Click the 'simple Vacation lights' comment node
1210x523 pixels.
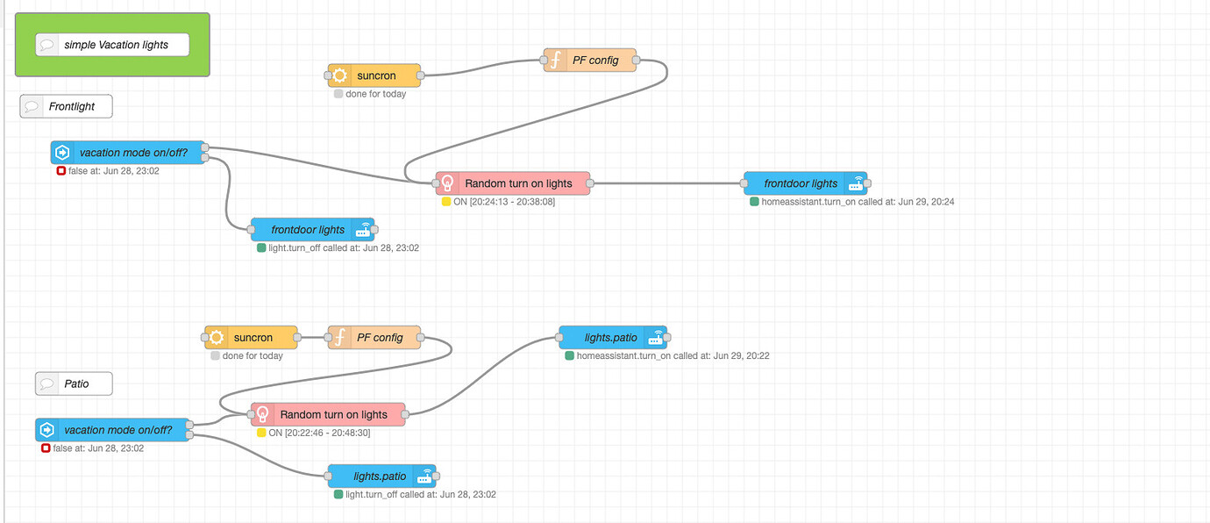[112, 45]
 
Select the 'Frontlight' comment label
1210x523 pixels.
[67, 106]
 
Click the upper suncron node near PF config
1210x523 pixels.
[374, 75]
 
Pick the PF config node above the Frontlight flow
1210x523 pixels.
[589, 60]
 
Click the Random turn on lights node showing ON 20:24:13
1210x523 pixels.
[513, 183]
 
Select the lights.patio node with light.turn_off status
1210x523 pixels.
[381, 476]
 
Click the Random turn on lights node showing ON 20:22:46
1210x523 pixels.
[329, 414]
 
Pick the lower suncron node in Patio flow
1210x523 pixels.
[252, 338]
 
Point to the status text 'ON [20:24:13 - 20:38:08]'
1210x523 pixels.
[504, 202]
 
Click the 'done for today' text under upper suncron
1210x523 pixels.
[375, 94]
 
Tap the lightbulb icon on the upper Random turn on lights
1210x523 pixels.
[447, 183]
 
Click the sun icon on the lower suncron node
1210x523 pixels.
[217, 338]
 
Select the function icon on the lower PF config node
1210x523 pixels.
[338, 338]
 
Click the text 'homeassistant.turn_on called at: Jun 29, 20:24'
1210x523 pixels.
[858, 202]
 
